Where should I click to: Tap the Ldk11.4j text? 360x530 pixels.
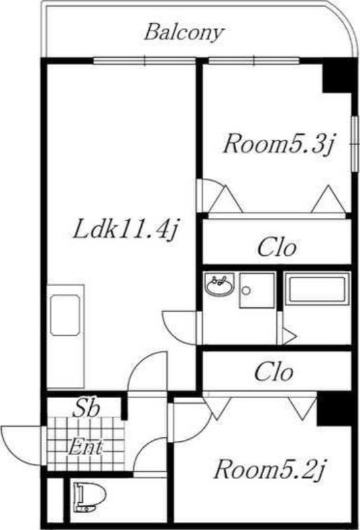(125, 230)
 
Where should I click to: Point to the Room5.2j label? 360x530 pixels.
(270, 469)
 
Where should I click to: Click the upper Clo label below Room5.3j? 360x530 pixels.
(276, 247)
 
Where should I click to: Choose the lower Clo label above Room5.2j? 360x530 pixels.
(273, 372)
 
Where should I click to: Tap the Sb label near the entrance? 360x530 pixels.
(87, 407)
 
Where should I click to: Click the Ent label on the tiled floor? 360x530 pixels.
(85, 447)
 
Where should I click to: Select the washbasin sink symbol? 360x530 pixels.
(220, 284)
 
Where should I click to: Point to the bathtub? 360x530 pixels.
(317, 289)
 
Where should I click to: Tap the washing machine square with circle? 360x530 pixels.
(257, 290)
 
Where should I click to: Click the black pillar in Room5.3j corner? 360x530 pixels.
(337, 77)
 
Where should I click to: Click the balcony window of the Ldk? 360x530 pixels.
(145, 61)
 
